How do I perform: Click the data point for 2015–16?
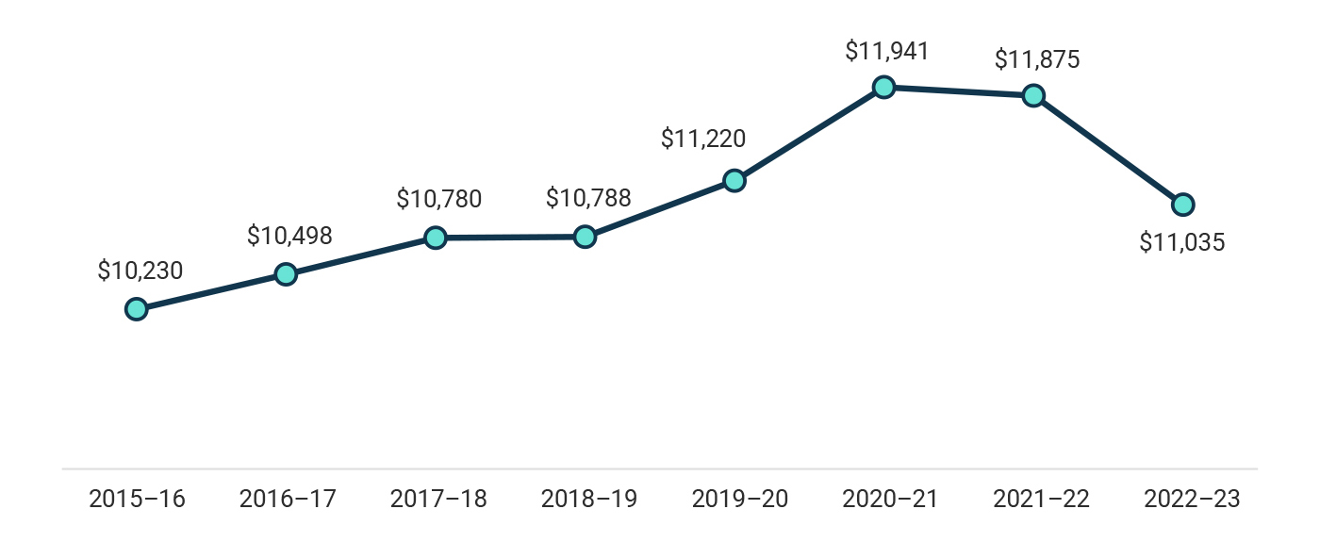(x=137, y=309)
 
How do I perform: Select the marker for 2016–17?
(x=286, y=274)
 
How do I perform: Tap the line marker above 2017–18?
(x=435, y=238)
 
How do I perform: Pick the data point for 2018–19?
(x=585, y=237)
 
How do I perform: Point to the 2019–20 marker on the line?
(x=734, y=181)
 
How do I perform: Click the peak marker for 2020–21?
(x=883, y=87)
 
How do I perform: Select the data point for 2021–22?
(x=1033, y=95)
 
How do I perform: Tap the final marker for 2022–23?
(x=1182, y=204)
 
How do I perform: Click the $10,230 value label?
(x=140, y=271)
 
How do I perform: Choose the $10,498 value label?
(x=289, y=236)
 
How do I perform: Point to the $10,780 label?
(x=438, y=199)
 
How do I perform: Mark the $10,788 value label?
(x=588, y=199)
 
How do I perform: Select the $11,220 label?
(x=703, y=140)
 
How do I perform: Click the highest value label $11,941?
(x=887, y=50)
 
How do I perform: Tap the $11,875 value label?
(x=1037, y=59)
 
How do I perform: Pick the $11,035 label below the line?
(x=1182, y=242)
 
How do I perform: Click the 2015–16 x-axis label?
(x=137, y=499)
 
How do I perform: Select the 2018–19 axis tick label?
(x=588, y=499)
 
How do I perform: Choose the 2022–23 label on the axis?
(x=1192, y=499)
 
